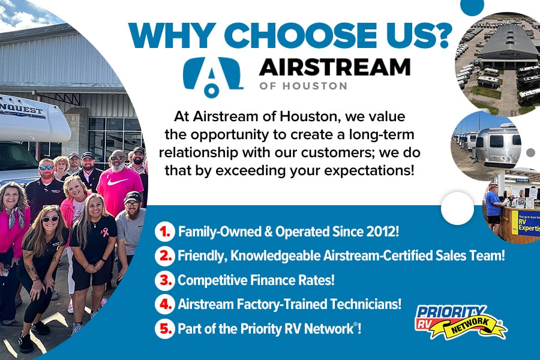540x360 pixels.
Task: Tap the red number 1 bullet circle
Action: pos(165,232)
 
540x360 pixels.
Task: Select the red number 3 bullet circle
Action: pos(165,280)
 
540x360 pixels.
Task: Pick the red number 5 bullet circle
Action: pos(165,329)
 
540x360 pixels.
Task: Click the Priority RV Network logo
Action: pos(461,322)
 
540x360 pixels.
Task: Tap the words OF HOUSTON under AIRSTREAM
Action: pos(303,86)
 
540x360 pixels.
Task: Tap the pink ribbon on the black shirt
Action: pos(104,233)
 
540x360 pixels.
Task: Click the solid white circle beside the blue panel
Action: pos(457,208)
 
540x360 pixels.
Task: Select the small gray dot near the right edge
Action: pos(531,152)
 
